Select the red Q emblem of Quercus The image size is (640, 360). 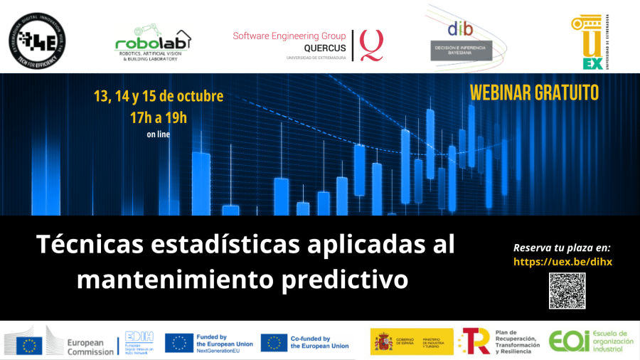(370, 44)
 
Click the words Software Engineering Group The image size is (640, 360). (289, 36)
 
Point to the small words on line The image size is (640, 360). (158, 134)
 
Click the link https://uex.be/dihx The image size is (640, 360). (562, 262)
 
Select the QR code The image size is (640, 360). (567, 290)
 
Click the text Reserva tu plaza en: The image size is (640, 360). (562, 248)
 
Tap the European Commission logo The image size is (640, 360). (60, 342)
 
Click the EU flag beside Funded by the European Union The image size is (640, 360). (179, 342)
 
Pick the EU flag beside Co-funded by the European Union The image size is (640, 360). (274, 342)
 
